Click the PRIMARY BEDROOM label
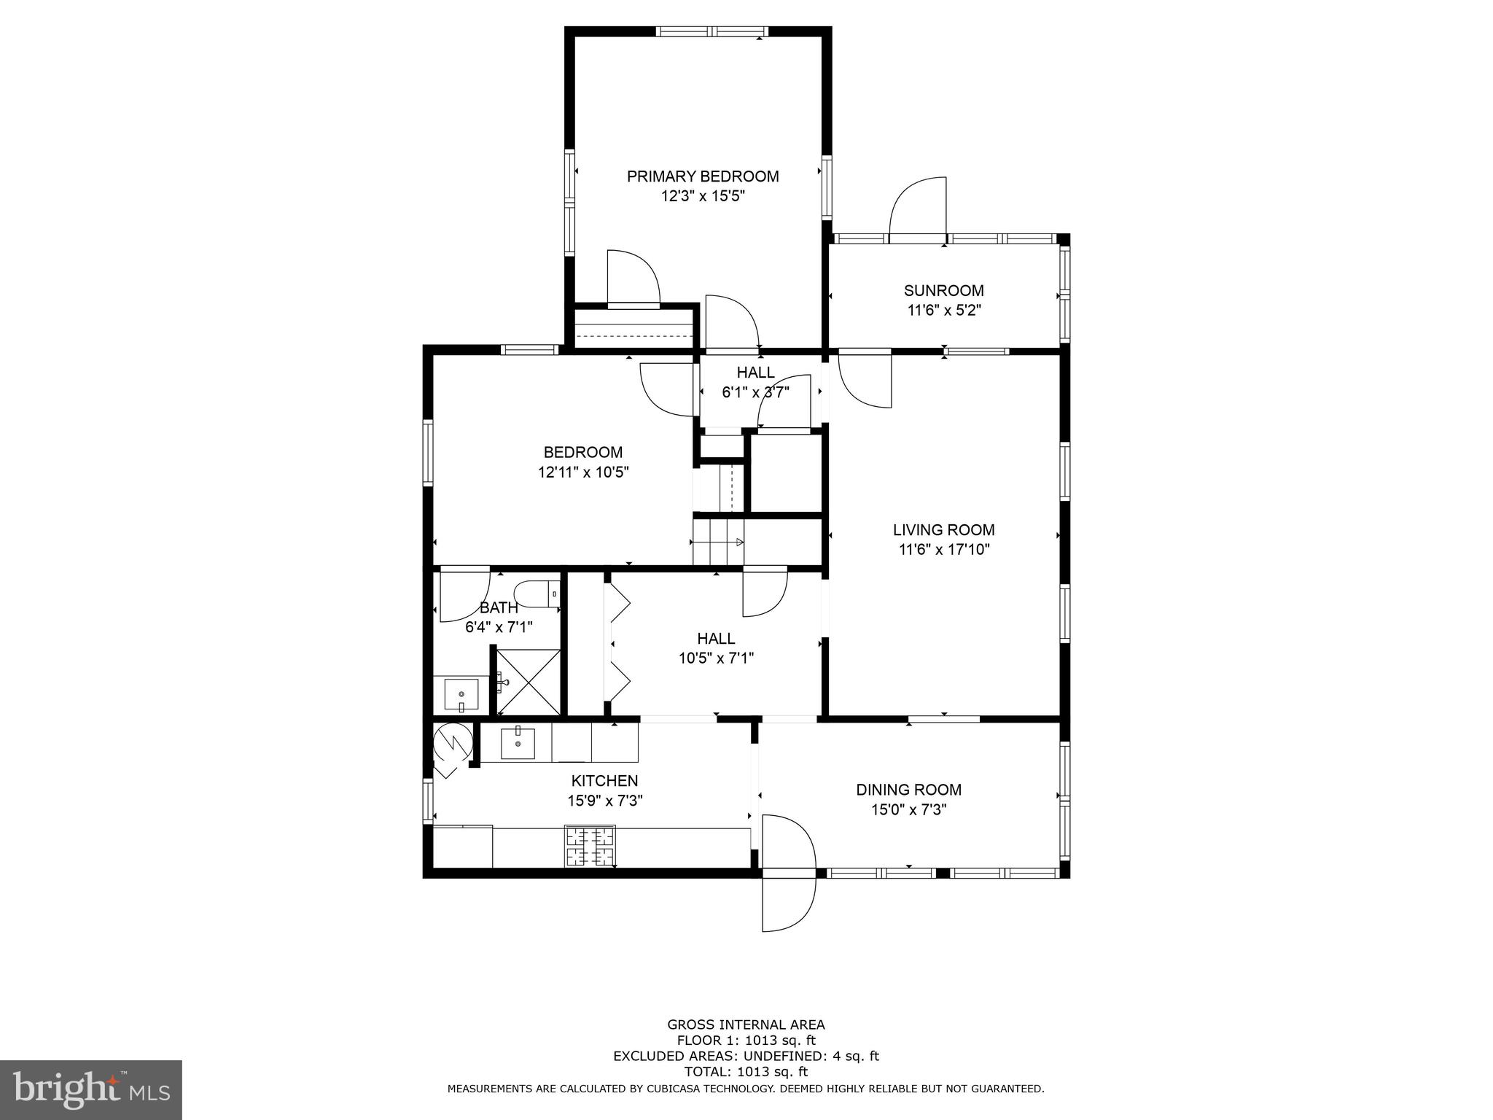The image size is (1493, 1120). coord(703,176)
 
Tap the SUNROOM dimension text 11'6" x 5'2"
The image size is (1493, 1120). coord(943,310)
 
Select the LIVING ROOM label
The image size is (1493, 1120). coord(943,530)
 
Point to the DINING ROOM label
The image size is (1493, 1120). coord(908,790)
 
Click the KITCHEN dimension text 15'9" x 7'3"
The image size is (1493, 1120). coord(604,801)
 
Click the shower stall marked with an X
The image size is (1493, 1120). coord(529,682)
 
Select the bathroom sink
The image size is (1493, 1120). coord(461,695)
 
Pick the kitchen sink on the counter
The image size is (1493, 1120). coord(518,744)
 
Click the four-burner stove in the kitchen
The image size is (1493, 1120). coord(590,846)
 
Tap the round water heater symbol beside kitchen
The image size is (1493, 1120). coord(452,742)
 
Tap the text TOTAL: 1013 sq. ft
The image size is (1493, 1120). coord(746,1072)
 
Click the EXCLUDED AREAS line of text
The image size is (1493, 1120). coord(746,1056)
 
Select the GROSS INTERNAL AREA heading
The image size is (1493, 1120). coord(746,1024)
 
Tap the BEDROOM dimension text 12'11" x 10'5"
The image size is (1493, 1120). coord(583,472)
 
